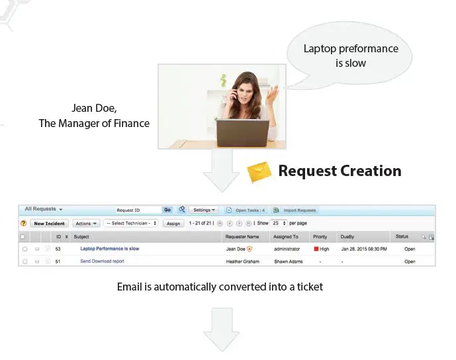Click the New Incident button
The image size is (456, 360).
(x=50, y=224)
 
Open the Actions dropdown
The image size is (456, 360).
(x=86, y=224)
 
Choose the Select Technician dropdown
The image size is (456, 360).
(x=131, y=224)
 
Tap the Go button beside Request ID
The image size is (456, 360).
(x=167, y=210)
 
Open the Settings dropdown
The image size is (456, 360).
(x=204, y=210)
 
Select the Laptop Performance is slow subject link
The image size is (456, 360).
(x=109, y=249)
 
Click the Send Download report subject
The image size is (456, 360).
(x=102, y=261)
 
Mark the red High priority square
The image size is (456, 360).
(x=316, y=249)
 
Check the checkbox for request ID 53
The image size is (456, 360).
(x=24, y=249)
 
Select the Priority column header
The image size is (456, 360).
(x=320, y=236)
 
